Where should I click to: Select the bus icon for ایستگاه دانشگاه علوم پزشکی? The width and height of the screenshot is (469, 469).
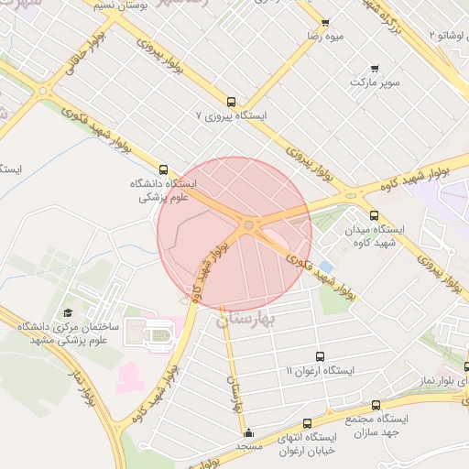pyautogui.click(x=164, y=169)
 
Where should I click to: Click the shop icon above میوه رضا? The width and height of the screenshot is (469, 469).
pyautogui.click(x=324, y=23)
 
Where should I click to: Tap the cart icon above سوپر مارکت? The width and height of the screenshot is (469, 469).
pyautogui.click(x=374, y=69)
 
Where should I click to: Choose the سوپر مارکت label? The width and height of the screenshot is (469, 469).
pyautogui.click(x=374, y=82)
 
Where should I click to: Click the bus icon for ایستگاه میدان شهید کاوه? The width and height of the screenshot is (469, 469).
pyautogui.click(x=373, y=215)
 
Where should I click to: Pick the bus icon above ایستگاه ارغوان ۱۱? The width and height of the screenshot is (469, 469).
pyautogui.click(x=319, y=356)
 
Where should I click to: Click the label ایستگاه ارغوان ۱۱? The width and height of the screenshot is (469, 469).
pyautogui.click(x=319, y=370)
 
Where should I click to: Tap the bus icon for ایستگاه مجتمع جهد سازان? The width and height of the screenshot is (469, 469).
pyautogui.click(x=376, y=404)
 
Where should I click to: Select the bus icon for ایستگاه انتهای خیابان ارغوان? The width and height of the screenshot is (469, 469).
pyautogui.click(x=307, y=423)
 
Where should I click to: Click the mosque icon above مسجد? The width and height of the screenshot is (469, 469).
pyautogui.click(x=248, y=432)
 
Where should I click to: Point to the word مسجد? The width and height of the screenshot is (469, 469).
pyautogui.click(x=249, y=445)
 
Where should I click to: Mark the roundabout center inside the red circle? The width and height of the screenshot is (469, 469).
pyautogui.click(x=248, y=224)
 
